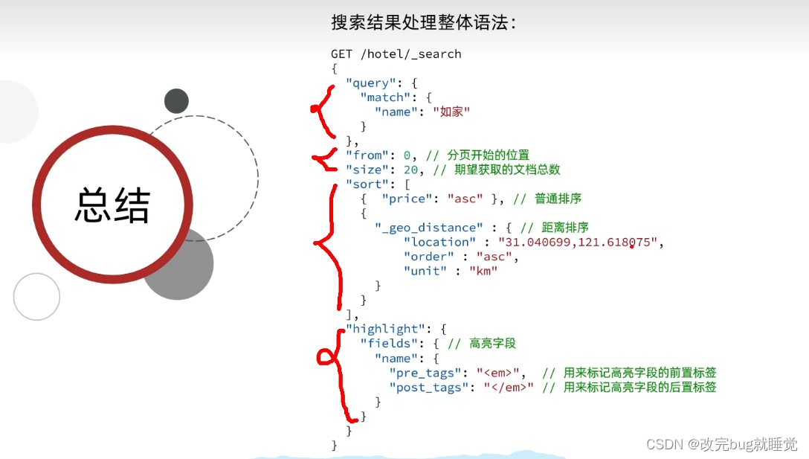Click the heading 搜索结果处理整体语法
(423, 22)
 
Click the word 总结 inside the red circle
(112, 206)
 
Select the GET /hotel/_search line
(396, 54)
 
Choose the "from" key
(367, 155)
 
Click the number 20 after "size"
(411, 170)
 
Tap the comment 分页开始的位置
(489, 155)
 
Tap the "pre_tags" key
(425, 373)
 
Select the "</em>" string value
(509, 387)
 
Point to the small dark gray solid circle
(176, 100)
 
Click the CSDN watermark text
(721, 444)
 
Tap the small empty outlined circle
(36, 297)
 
